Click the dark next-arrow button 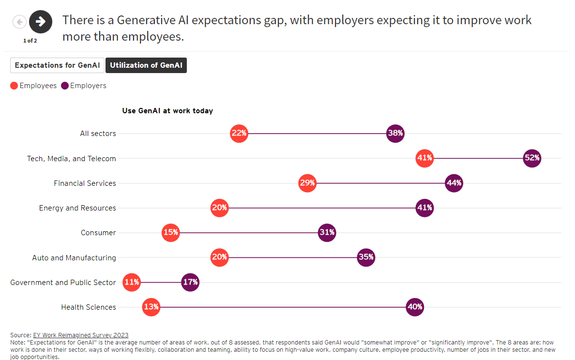[x=41, y=21]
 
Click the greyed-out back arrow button [x=19, y=22]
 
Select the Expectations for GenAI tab [x=57, y=65]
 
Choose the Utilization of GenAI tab [x=146, y=65]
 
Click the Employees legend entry [x=33, y=86]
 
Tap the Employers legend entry [x=84, y=86]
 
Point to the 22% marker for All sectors [x=239, y=134]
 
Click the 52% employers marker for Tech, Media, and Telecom [x=532, y=158]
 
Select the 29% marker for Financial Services [x=307, y=183]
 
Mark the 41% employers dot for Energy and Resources [x=424, y=208]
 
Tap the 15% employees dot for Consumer [x=170, y=233]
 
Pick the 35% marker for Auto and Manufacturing [x=366, y=257]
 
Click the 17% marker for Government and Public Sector [x=190, y=282]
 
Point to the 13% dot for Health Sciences [x=151, y=307]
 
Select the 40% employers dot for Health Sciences [x=415, y=307]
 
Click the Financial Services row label [x=85, y=183]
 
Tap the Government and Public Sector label [x=63, y=283]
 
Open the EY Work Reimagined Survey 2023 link [x=80, y=335]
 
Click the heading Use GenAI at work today [x=167, y=111]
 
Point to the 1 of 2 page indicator [x=30, y=41]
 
